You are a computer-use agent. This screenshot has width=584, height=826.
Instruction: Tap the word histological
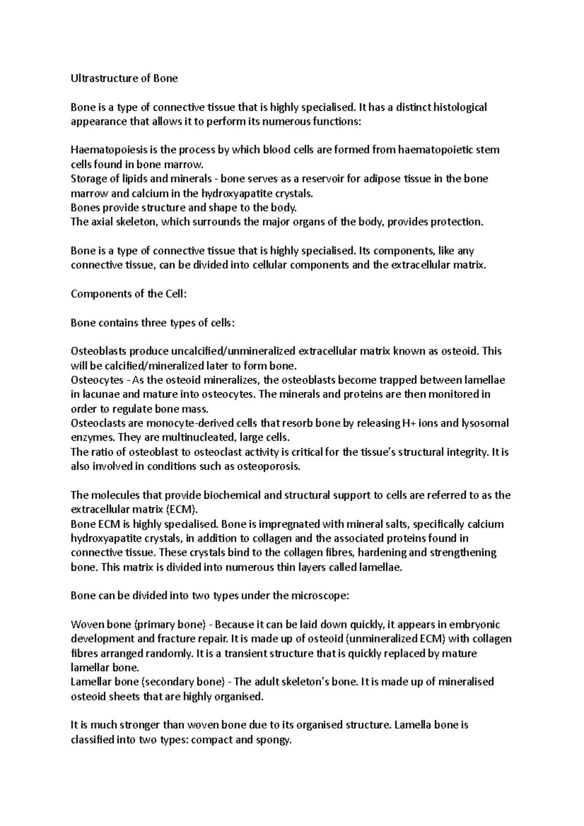460,107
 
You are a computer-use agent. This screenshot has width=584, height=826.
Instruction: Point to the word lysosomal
485,423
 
